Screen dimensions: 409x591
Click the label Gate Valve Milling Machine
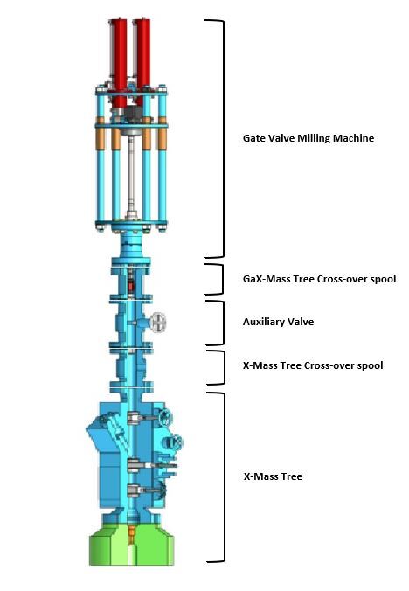point(308,138)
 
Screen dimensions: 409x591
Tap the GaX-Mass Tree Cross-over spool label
point(319,279)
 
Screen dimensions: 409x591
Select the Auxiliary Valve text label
point(278,322)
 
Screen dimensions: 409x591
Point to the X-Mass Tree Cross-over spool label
point(313,365)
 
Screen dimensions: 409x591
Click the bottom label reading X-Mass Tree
point(273,476)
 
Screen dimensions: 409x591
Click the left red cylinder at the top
point(119,62)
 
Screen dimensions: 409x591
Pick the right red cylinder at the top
point(143,61)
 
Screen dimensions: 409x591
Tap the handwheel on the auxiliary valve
point(158,323)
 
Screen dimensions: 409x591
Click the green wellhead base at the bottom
point(131,545)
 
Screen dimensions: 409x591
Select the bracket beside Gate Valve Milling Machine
point(224,138)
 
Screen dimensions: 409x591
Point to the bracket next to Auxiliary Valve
point(224,323)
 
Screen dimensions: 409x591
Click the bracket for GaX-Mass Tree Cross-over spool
point(222,279)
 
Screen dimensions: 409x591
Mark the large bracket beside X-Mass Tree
point(224,477)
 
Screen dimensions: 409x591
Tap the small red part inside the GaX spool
point(131,286)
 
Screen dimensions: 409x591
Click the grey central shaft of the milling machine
point(131,175)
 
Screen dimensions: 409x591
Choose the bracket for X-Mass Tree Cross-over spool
point(224,368)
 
